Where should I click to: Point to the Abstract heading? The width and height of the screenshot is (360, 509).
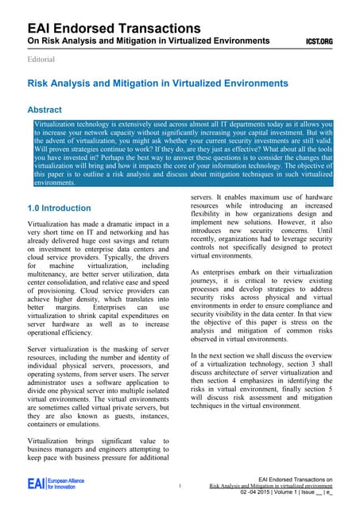(50, 110)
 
